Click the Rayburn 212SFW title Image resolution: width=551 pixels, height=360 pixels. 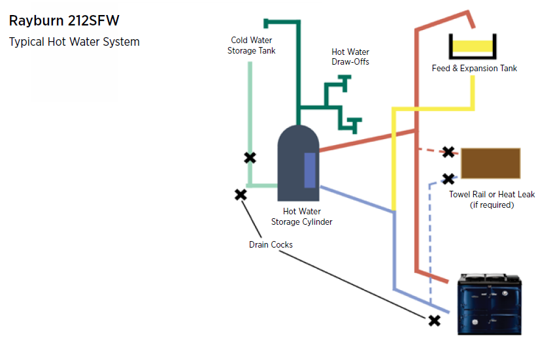click(x=64, y=20)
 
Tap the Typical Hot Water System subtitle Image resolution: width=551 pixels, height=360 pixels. click(x=74, y=42)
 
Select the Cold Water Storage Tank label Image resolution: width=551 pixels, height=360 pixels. click(x=252, y=45)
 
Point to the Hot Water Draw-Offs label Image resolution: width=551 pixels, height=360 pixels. click(x=350, y=57)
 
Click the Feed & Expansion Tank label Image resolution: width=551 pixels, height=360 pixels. click(x=475, y=68)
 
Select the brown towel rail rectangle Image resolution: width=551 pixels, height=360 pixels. click(x=491, y=163)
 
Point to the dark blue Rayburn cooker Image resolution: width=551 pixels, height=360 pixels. click(x=490, y=304)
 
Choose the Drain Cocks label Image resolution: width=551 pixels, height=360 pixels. click(x=271, y=244)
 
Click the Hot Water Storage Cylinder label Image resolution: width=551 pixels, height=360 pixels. click(x=302, y=216)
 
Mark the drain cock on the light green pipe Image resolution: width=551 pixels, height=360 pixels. click(x=250, y=157)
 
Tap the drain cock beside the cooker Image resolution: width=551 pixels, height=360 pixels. click(x=434, y=320)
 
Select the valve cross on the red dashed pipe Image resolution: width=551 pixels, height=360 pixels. click(x=448, y=152)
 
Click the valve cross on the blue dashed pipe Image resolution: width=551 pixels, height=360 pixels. click(x=448, y=178)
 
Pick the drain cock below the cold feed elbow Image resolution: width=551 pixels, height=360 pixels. click(x=241, y=194)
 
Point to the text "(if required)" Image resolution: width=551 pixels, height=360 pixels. click(x=492, y=205)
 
